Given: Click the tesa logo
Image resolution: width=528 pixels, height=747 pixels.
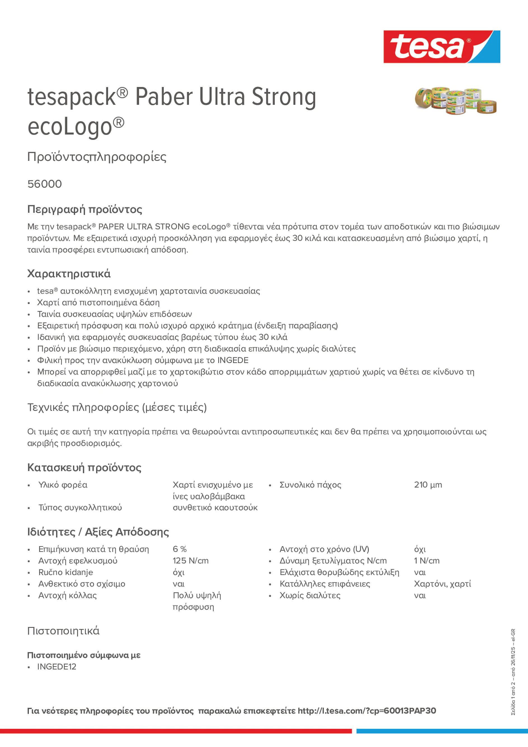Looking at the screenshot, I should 442,47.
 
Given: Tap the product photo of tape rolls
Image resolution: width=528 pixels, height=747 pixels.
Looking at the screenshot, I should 456,101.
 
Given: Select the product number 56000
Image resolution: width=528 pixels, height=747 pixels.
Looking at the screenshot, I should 44,184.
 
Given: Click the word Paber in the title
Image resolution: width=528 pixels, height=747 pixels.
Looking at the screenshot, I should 164,97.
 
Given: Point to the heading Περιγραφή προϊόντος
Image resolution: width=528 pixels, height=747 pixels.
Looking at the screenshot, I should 85,209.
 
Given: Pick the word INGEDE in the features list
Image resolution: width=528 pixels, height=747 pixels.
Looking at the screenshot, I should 233,360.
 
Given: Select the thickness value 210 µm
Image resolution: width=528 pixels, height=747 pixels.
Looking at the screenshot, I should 428,485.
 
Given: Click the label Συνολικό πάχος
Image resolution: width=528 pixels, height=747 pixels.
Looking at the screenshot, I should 310,485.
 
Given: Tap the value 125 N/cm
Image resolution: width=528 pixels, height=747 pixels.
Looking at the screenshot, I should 191,560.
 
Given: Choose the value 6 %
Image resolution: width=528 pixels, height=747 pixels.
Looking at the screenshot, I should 180,549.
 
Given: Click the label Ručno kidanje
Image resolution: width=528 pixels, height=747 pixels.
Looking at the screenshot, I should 66,572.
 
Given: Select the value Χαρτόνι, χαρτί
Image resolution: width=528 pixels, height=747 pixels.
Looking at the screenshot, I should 442,584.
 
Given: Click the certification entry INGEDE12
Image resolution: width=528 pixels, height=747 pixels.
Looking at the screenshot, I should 57,667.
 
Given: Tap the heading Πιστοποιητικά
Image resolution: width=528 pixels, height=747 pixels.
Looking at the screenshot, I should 64,631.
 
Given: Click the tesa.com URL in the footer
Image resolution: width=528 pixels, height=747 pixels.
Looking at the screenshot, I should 367,711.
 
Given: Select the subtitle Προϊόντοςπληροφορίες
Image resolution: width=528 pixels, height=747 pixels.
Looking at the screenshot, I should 97,157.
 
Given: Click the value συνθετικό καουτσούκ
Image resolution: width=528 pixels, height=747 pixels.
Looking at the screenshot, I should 215,508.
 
